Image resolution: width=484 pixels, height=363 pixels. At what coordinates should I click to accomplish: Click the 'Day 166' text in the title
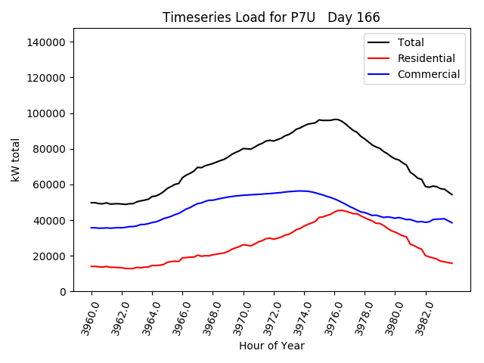coord(354,17)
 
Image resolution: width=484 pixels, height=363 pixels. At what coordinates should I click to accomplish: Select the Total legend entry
coord(411,42)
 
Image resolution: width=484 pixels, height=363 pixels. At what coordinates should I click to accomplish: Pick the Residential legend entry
coord(426,58)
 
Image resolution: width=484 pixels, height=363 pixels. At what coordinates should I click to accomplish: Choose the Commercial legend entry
coord(428,74)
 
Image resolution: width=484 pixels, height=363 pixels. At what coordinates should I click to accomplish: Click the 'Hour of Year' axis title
coord(271,346)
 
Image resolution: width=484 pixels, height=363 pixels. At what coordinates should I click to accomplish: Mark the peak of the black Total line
coord(335,119)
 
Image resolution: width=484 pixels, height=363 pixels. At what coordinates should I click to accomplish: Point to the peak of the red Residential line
coord(341,209)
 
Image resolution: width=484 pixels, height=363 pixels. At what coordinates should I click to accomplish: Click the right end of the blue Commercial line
coord(452,222)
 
